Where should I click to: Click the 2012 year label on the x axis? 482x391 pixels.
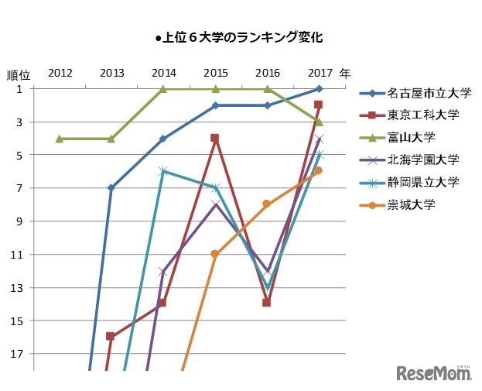point(60,74)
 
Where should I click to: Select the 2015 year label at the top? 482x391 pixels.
point(215,74)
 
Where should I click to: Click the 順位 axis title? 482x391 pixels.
point(19,76)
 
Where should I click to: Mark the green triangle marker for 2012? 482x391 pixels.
point(60,139)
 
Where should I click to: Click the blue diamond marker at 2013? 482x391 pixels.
point(111,188)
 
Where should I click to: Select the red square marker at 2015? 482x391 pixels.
point(215,139)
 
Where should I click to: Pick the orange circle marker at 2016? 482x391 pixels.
point(267,204)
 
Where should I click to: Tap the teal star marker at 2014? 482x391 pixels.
point(163,171)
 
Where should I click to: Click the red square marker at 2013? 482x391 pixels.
point(111,337)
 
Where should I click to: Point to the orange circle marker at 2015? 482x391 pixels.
point(215,254)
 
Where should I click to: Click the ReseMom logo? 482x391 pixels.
point(434,373)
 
